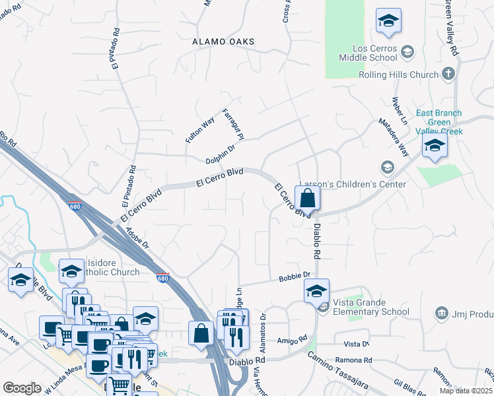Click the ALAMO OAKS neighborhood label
(223, 42)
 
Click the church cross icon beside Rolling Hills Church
(449, 73)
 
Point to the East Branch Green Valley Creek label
(439, 122)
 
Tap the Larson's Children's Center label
(352, 184)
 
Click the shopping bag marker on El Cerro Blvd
(307, 198)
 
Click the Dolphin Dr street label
(220, 155)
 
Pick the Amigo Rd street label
(293, 340)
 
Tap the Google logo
(22, 388)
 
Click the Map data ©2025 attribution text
(465, 391)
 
